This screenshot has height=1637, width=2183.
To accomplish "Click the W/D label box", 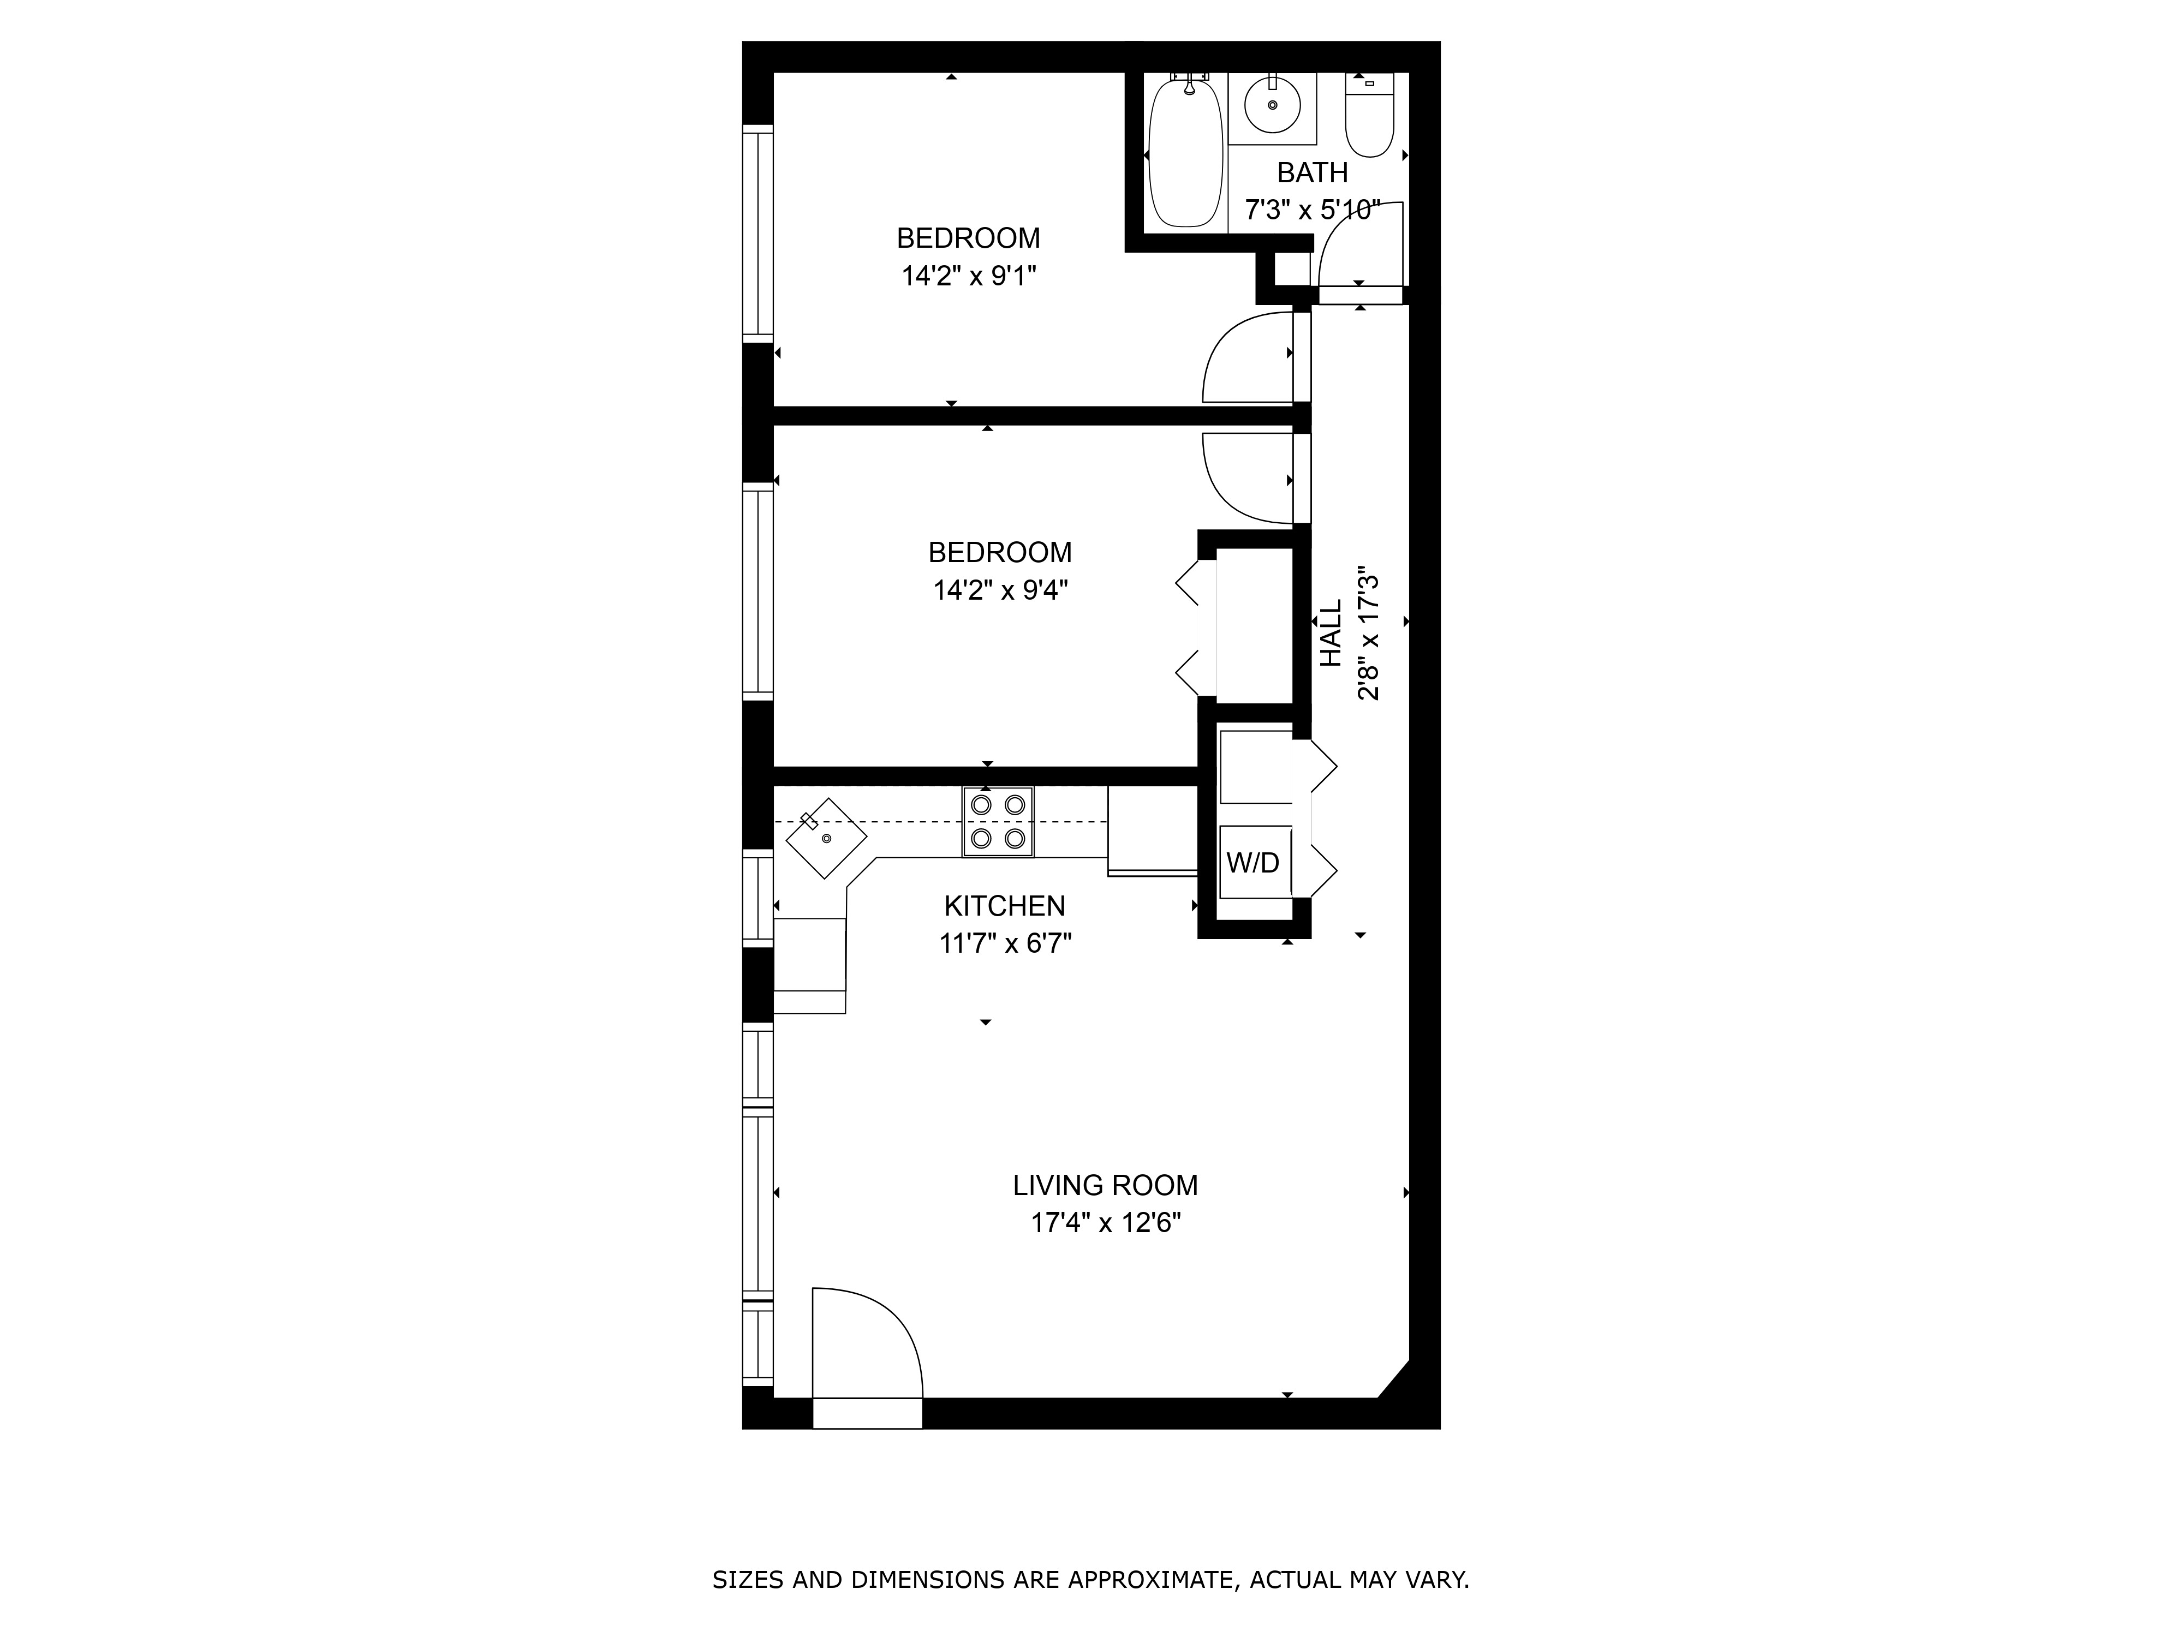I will coord(1254,862).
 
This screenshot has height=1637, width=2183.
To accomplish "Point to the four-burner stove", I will coord(998,821).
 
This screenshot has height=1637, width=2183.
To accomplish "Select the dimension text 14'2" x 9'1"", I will coord(968,276).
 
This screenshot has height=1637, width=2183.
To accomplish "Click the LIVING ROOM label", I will coord(1105,1185).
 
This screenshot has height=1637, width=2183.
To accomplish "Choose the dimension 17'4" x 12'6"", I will coord(1105,1223).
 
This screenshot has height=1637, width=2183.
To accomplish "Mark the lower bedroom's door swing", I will coord(1245,479).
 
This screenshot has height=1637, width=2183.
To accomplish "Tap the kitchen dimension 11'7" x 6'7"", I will coord(1005,943).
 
